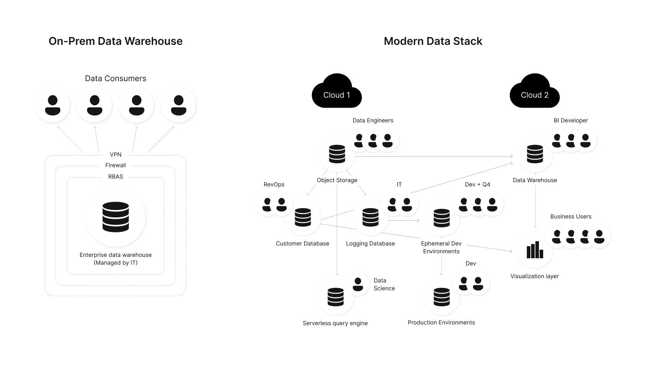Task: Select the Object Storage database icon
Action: [x=337, y=154]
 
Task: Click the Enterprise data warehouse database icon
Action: [x=115, y=217]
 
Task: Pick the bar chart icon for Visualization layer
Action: [x=535, y=250]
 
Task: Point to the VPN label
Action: [x=115, y=154]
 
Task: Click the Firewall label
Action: [x=115, y=165]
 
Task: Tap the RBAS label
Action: [x=115, y=176]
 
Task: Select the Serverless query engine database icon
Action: [x=335, y=297]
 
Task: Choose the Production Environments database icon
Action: [x=441, y=297]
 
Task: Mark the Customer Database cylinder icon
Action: [x=303, y=217]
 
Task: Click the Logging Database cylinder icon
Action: [x=370, y=217]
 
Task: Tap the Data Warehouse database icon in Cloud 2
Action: [x=535, y=154]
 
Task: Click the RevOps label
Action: [x=274, y=184]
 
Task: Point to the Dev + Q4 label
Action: [x=477, y=184]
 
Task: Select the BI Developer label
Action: [x=571, y=120]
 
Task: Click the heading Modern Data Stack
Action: [x=433, y=41]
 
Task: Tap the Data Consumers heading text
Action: [x=115, y=78]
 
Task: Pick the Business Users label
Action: [x=571, y=216]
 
